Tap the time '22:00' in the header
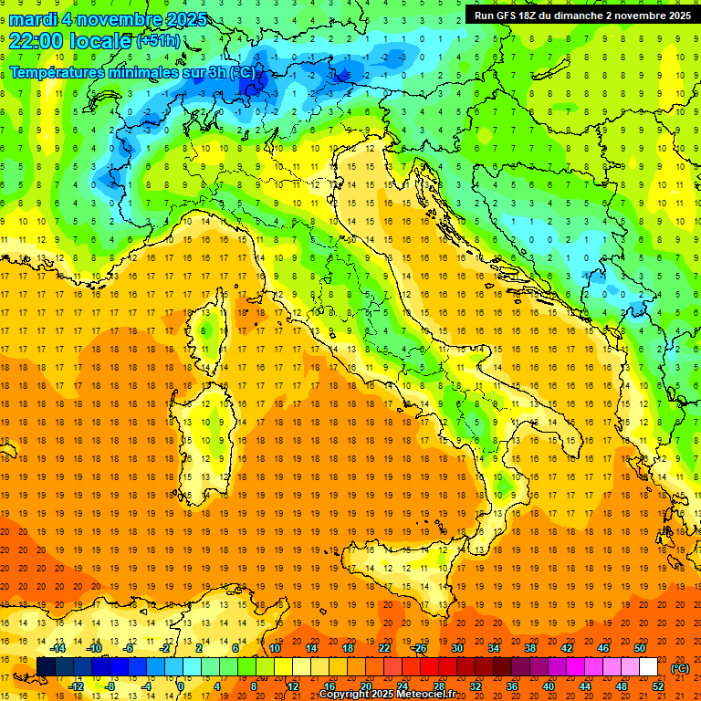pyautogui.click(x=37, y=41)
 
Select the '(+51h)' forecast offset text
pyautogui.click(x=158, y=41)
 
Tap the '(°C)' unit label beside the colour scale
pyautogui.click(x=680, y=667)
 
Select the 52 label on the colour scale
pyautogui.click(x=658, y=685)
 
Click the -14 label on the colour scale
pyautogui.click(x=59, y=648)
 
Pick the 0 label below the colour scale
pyautogui.click(x=181, y=685)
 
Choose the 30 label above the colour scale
pyautogui.click(x=456, y=648)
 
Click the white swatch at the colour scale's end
pyautogui.click(x=649, y=667)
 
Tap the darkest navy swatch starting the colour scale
pyautogui.click(x=46, y=667)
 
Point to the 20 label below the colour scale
pyautogui.click(x=365, y=685)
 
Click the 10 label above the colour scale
pyautogui.click(x=274, y=648)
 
